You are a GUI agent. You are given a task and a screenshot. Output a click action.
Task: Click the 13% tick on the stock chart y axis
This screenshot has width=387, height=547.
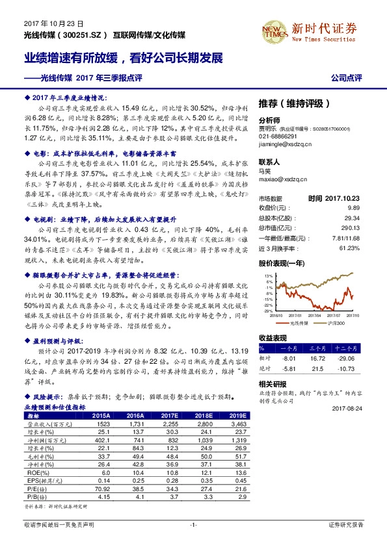click(269, 276)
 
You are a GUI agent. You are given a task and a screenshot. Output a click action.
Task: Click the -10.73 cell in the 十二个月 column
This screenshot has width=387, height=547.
click(352, 368)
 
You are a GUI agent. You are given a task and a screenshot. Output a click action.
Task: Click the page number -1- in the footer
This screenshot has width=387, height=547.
click(193, 524)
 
